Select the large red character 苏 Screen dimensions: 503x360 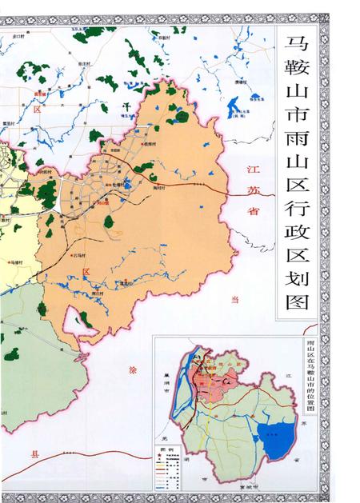(250, 192)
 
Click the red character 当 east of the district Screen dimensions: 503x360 (235, 299)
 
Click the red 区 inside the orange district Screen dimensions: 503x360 (85, 273)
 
